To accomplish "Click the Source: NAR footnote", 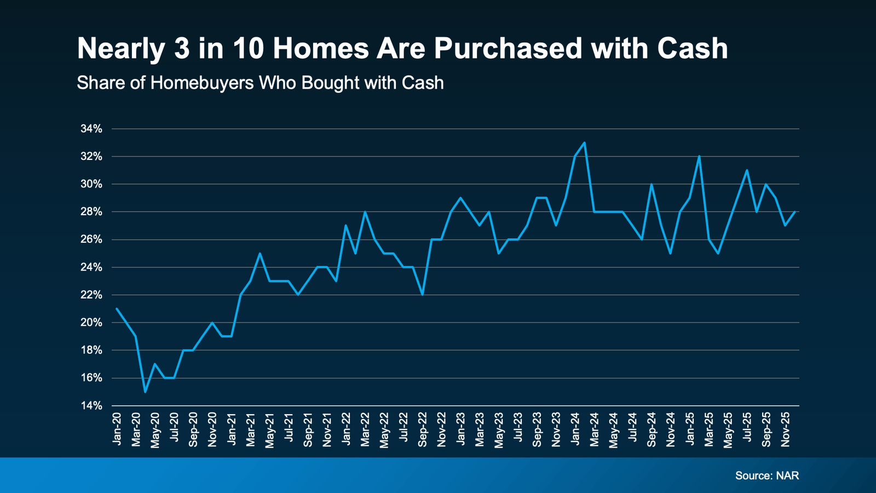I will point(766,475).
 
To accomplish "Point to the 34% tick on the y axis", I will point(91,129).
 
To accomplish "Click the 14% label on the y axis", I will point(91,406).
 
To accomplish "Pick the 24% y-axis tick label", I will point(91,267).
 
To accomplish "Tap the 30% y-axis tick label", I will point(91,184).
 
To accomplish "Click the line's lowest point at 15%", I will point(145,392).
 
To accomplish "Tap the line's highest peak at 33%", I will point(585,142).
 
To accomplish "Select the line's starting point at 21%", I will point(117,308).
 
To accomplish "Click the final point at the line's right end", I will point(794,211).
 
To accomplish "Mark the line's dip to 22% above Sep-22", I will point(422,295).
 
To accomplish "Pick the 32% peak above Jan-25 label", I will point(699,156).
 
